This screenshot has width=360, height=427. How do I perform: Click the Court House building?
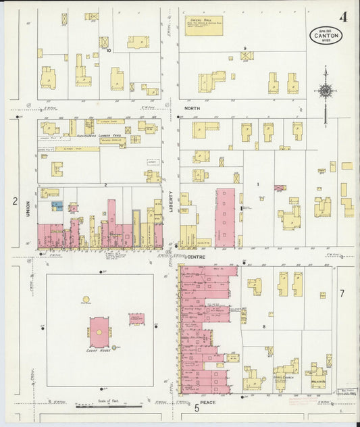pos(99,331)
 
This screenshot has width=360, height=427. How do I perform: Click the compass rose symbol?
pos(325,91)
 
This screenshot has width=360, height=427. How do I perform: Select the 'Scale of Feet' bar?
pos(108,406)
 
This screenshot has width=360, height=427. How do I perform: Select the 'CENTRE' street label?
pos(195,257)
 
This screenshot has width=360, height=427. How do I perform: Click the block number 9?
pos(245,48)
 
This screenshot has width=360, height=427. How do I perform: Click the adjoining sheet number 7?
pos(342,293)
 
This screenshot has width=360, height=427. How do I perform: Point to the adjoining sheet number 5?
pos(197,408)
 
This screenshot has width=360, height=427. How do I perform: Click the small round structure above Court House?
pos(86,299)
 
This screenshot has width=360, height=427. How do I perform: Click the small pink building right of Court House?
pos(136,318)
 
